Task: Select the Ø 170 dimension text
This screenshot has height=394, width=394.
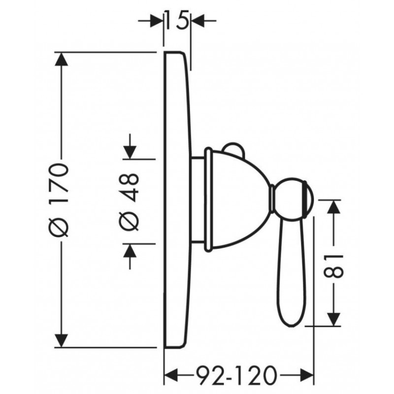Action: [x=59, y=200]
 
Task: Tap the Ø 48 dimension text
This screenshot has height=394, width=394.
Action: [x=129, y=201]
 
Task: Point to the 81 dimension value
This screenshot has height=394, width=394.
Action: [x=333, y=266]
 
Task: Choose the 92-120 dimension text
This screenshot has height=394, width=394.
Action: [x=236, y=375]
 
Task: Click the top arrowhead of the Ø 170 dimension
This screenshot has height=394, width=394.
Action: [x=61, y=59]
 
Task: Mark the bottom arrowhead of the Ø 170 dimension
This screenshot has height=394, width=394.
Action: [x=61, y=341]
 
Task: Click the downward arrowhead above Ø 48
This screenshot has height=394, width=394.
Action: [x=130, y=152]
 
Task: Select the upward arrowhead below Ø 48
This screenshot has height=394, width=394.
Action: [x=130, y=251]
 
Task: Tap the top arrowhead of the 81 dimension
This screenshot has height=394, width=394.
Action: [x=333, y=207]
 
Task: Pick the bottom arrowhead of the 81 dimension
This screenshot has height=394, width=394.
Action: [x=333, y=319]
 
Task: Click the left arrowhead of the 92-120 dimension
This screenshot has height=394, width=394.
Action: [x=171, y=376]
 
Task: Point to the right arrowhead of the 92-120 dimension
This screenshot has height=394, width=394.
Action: [x=307, y=376]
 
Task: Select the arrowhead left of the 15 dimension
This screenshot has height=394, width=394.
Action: [x=157, y=21]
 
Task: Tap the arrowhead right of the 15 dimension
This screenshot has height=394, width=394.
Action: [x=198, y=21]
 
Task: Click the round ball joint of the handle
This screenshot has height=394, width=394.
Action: [x=293, y=200]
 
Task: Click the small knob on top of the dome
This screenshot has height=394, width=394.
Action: [x=234, y=148]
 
